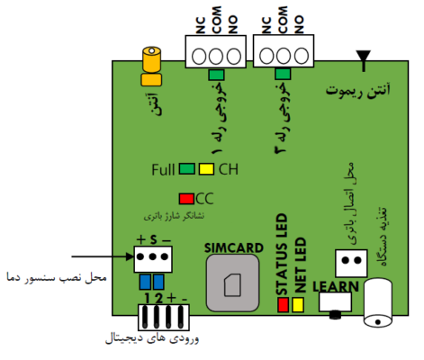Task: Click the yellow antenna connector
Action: [x=151, y=66]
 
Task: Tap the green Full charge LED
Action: [x=187, y=169]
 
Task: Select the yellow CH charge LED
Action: [x=206, y=169]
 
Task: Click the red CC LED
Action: [x=186, y=199]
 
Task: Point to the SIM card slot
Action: [x=232, y=283]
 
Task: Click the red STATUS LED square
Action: [x=283, y=304]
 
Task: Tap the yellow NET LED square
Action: [x=298, y=304]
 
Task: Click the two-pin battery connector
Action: [x=351, y=263]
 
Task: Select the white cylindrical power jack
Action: [x=378, y=302]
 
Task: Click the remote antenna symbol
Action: [x=364, y=60]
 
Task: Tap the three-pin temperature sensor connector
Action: [x=153, y=259]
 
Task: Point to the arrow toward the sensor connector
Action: [x=103, y=256]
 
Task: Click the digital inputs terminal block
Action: [x=164, y=318]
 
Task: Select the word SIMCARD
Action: [x=234, y=248]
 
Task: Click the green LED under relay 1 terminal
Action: [x=216, y=75]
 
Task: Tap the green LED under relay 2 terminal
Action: [x=283, y=74]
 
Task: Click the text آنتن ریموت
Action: [x=358, y=90]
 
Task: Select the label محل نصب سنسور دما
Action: [x=57, y=277]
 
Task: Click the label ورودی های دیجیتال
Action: [x=152, y=339]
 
